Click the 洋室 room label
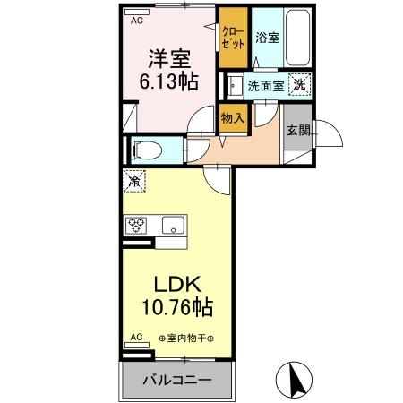[x=167, y=58]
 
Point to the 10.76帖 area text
[x=176, y=308]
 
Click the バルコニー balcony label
[x=177, y=380]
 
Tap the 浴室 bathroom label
[x=265, y=38]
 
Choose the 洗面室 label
[x=265, y=86]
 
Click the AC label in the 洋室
[x=137, y=20]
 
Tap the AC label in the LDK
[x=137, y=337]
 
